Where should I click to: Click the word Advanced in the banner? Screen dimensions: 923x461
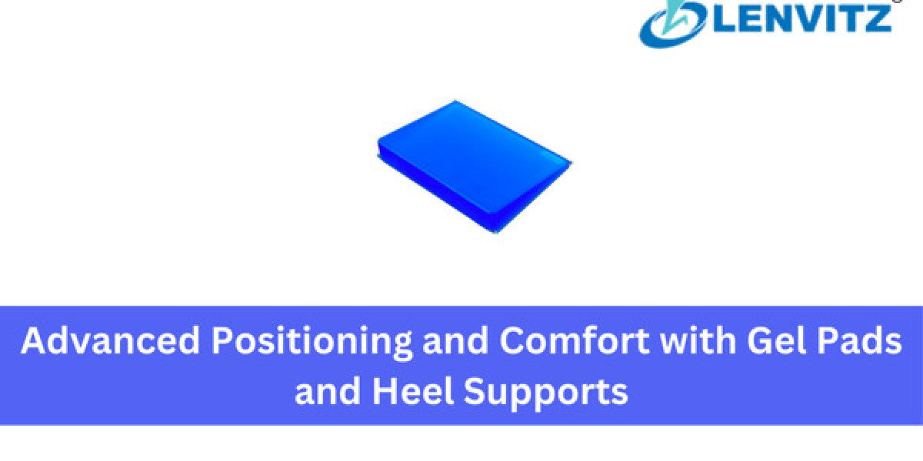[111, 340]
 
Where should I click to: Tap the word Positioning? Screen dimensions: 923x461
[312, 343]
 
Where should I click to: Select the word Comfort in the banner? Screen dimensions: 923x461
[575, 340]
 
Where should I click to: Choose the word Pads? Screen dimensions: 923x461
[860, 340]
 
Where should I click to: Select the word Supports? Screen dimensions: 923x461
[546, 394]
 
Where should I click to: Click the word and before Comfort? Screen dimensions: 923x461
[455, 340]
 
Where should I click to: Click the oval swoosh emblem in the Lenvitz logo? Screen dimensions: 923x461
[674, 24]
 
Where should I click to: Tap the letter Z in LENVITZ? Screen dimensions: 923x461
[878, 18]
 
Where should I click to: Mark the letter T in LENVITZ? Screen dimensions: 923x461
[850, 18]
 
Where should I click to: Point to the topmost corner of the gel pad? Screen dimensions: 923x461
[455, 101]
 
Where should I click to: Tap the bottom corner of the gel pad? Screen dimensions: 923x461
[496, 233]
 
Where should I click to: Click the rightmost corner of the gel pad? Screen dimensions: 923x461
[571, 163]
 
